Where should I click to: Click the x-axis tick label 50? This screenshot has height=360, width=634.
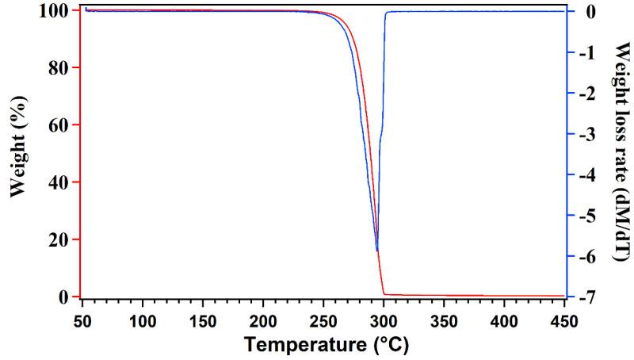coord(82,321)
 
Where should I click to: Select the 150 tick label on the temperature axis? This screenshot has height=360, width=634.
coord(203,321)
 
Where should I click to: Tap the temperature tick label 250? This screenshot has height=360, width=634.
coord(323,321)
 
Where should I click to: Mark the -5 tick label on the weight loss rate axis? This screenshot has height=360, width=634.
coord(585,216)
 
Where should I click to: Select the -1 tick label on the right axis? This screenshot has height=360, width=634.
coord(585,52)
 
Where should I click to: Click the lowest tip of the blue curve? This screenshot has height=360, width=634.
coord(377,251)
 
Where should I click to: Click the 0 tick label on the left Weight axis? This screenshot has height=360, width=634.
coord(67,297)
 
